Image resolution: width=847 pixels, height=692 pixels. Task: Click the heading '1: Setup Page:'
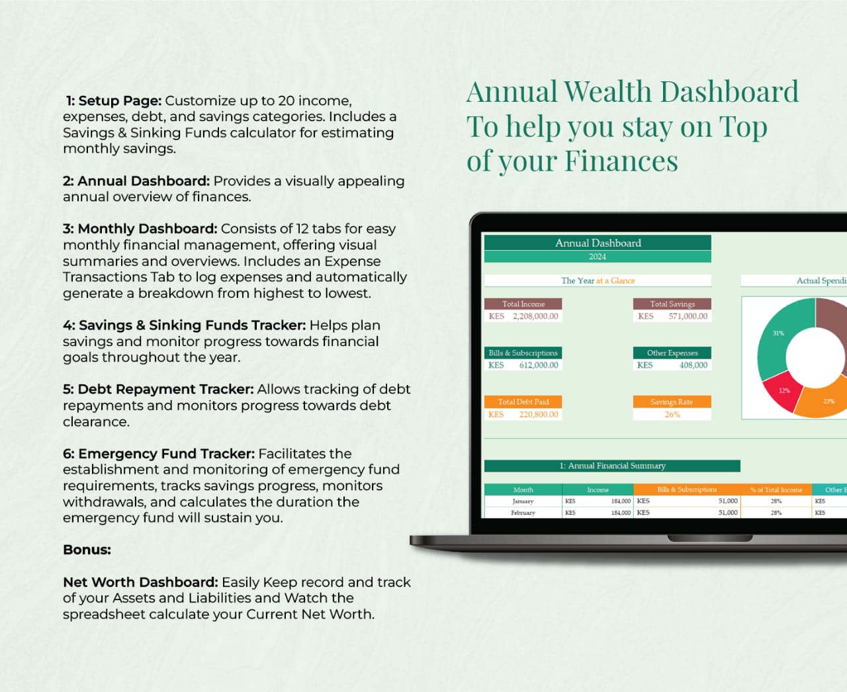click(x=113, y=101)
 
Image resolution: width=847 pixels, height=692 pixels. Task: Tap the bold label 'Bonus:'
click(x=87, y=550)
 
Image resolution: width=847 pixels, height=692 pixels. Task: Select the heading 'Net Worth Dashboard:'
click(x=140, y=582)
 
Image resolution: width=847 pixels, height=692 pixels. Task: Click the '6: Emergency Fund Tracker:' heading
click(x=159, y=454)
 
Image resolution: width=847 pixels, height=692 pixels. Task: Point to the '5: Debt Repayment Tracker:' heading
click(x=158, y=389)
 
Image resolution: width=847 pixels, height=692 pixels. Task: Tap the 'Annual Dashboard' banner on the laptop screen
click(x=598, y=243)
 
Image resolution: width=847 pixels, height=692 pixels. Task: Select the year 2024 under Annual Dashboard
click(x=598, y=257)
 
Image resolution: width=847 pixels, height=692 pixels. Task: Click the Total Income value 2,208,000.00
click(x=535, y=316)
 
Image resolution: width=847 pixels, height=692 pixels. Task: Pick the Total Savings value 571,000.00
click(x=688, y=316)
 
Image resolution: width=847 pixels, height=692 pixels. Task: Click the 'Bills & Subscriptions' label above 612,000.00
click(x=523, y=353)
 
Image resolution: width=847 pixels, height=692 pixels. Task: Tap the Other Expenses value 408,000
click(x=693, y=365)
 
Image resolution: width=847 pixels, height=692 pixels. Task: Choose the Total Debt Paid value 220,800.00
click(x=539, y=415)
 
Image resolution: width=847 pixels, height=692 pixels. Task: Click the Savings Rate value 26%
click(x=672, y=415)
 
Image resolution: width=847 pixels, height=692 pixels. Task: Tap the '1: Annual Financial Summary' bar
click(x=612, y=466)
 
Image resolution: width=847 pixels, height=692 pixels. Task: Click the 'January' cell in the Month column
click(x=523, y=501)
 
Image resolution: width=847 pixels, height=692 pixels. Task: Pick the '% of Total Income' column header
click(x=776, y=490)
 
